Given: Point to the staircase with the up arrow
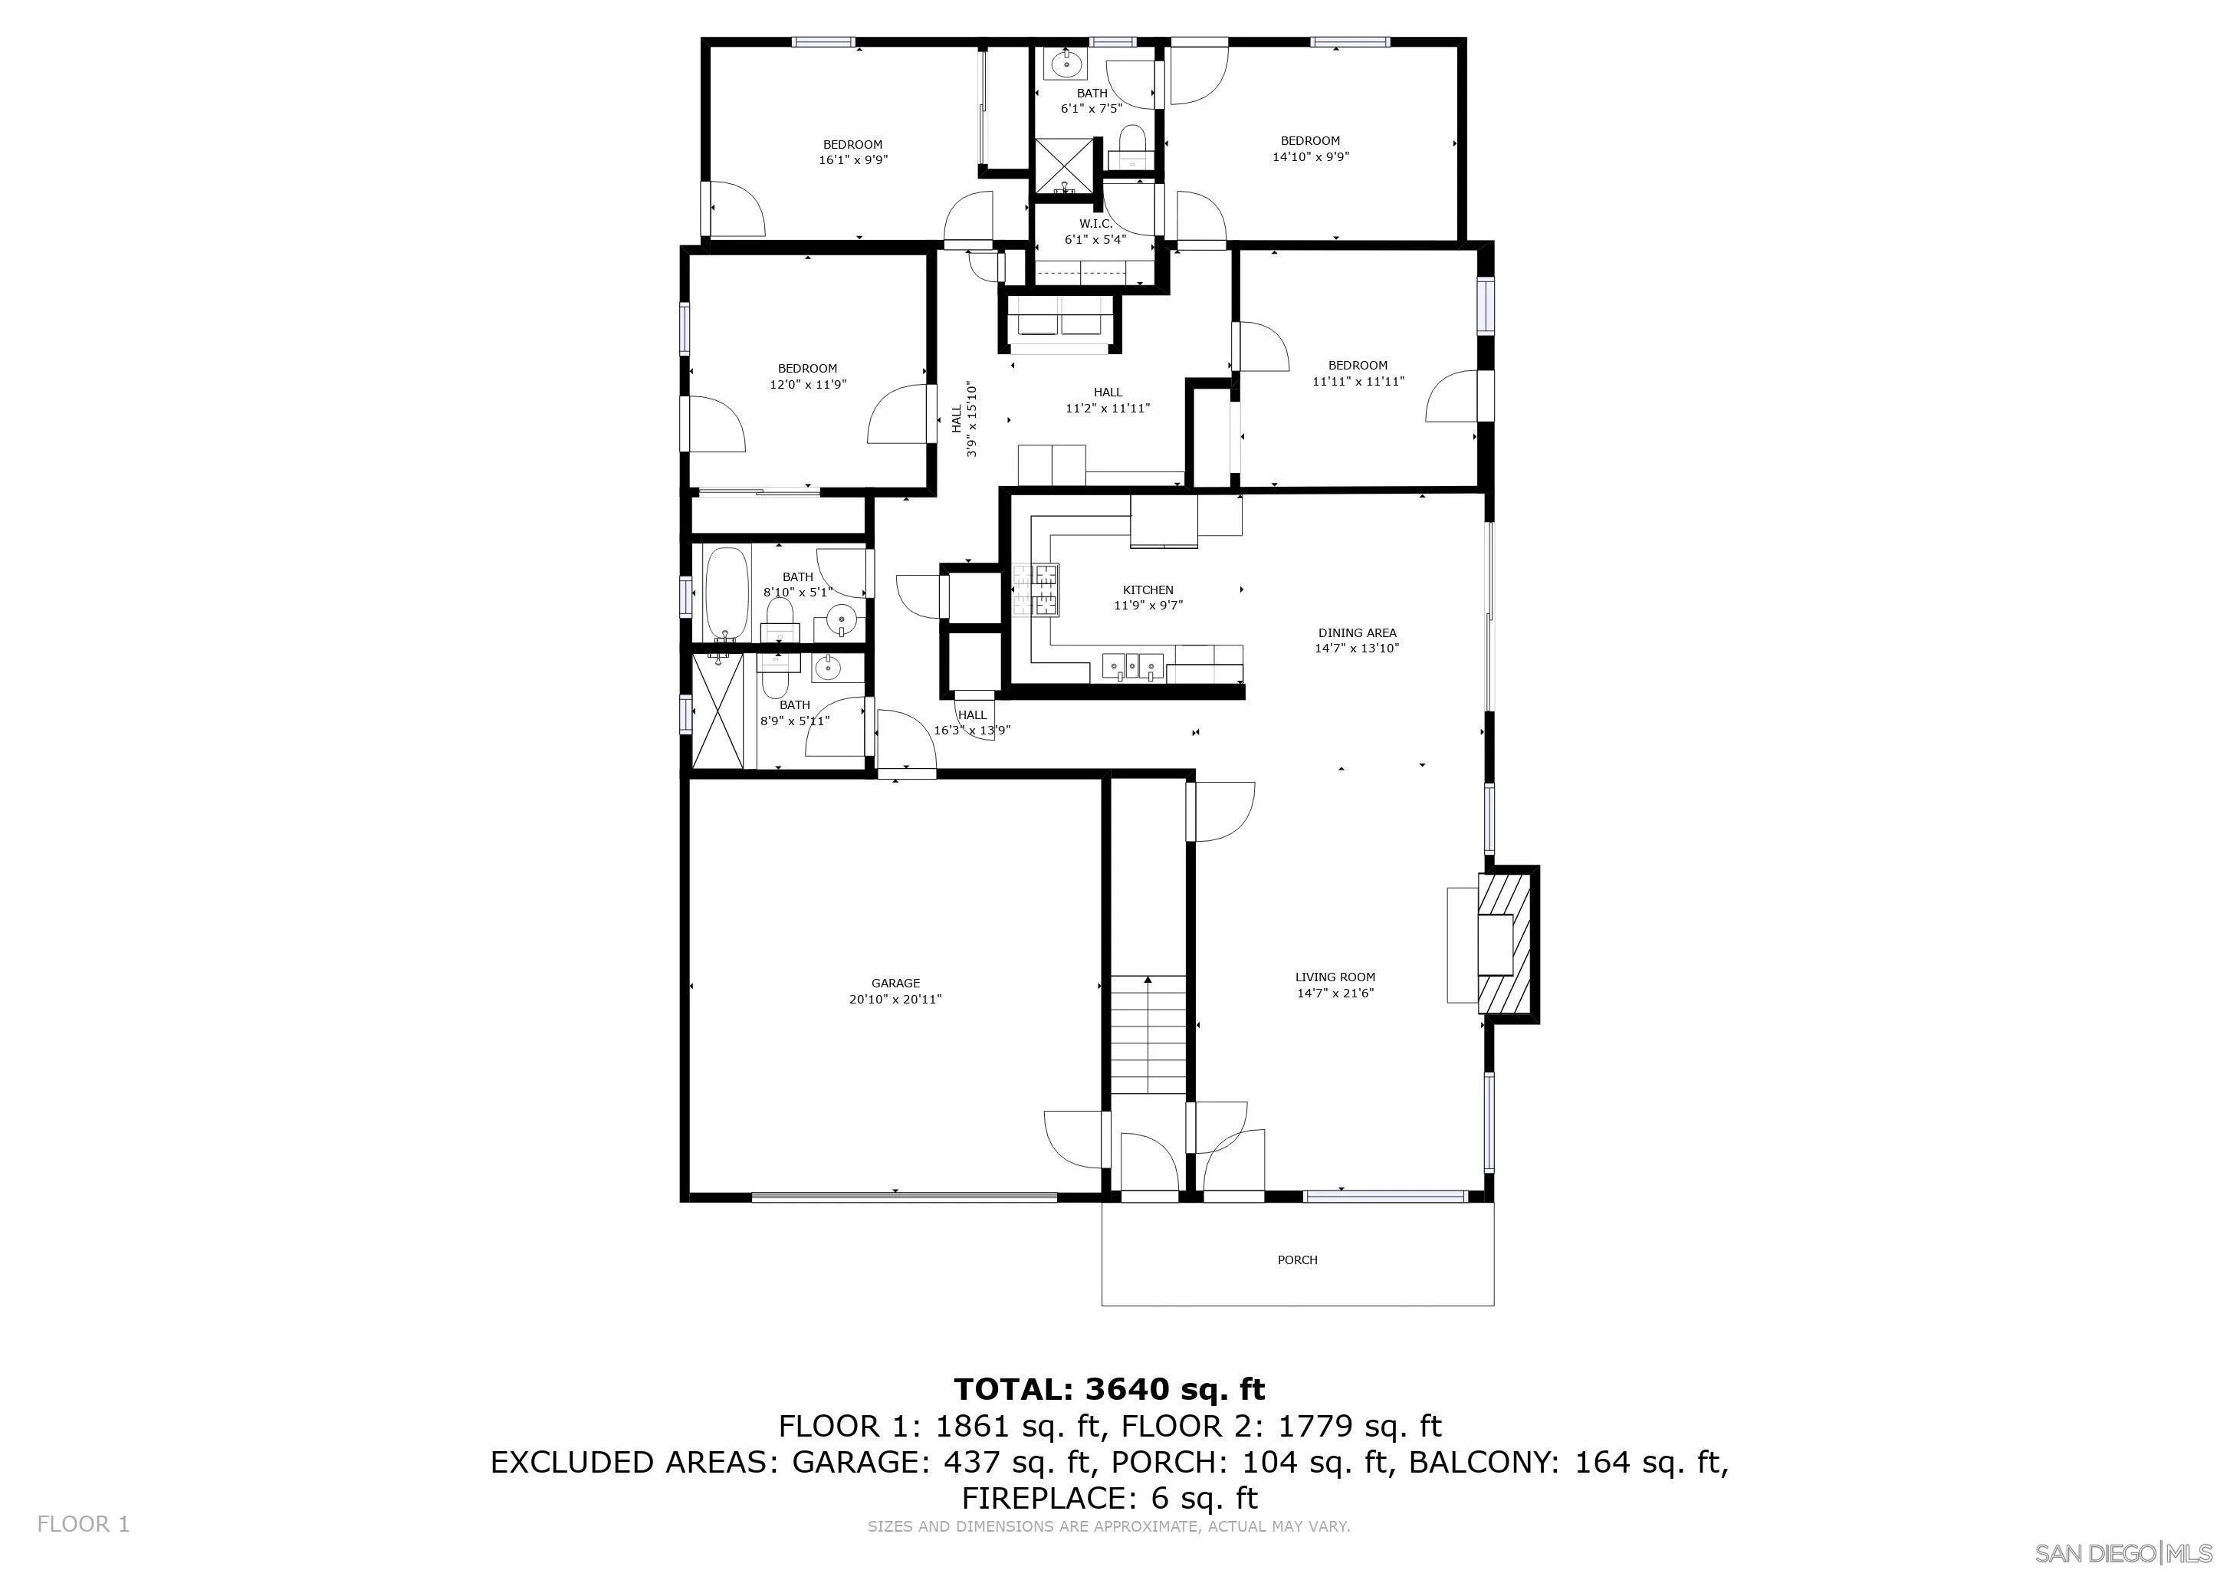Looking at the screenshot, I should (x=1147, y=1034).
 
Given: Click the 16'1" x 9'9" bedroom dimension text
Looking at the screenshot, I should (x=852, y=160).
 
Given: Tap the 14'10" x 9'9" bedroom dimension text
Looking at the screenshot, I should (x=1310, y=156).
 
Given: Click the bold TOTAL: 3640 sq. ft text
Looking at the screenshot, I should (x=1109, y=1389).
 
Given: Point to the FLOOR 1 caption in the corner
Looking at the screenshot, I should (x=82, y=1523).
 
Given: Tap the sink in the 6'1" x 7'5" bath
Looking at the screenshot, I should (x=1066, y=64).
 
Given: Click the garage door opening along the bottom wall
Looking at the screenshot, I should (x=904, y=1197).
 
